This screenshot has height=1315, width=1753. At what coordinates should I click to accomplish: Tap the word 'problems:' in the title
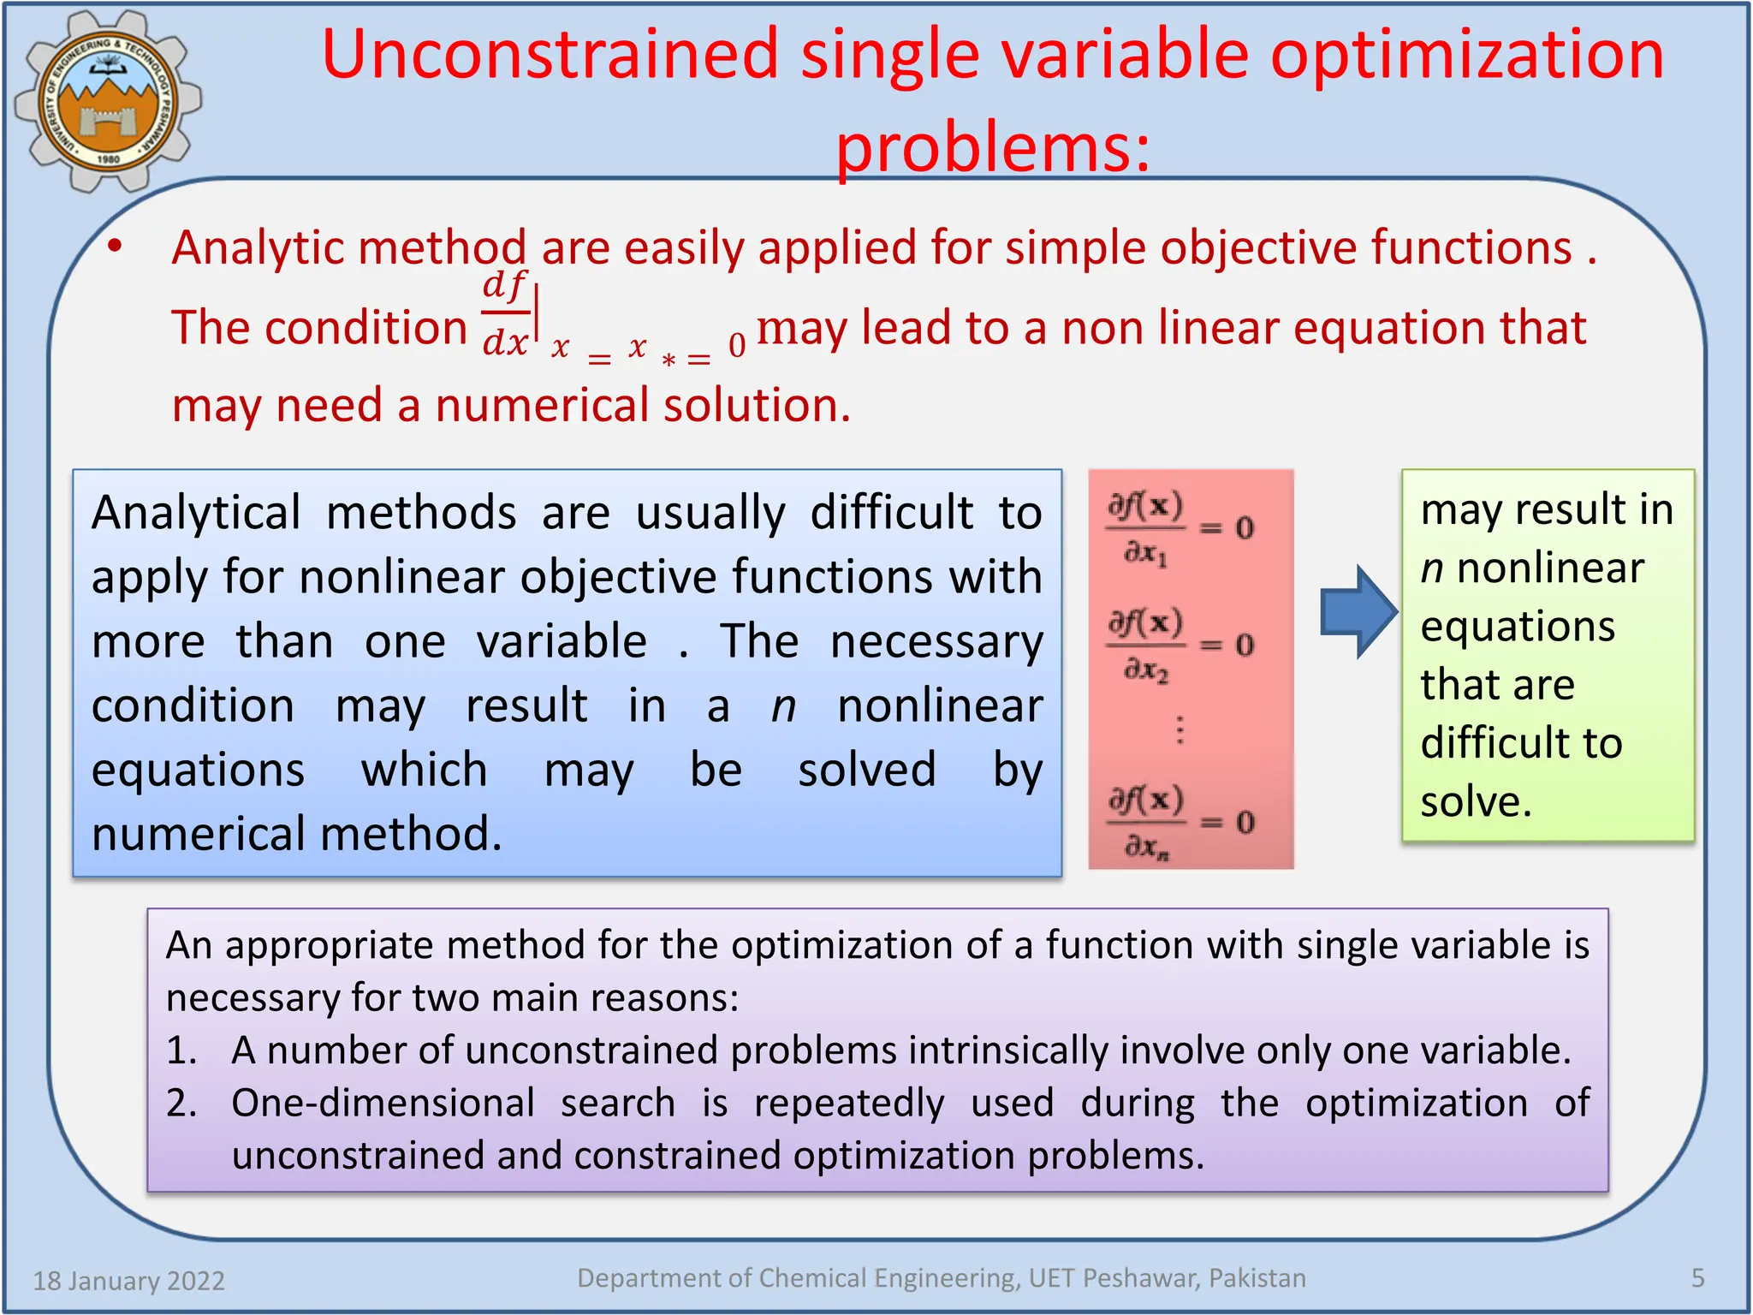pyautogui.click(x=993, y=147)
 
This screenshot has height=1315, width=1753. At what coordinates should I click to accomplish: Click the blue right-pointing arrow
pyautogui.click(x=1358, y=612)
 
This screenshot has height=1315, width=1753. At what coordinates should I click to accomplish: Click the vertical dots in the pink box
pyautogui.click(x=1180, y=729)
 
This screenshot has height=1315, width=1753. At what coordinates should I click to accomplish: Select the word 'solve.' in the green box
pyautogui.click(x=1476, y=802)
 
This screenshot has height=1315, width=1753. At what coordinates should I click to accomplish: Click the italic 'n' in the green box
pyautogui.click(x=1432, y=568)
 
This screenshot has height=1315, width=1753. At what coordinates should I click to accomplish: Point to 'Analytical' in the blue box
pyautogui.click(x=196, y=514)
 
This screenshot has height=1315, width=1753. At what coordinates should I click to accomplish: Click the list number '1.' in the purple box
pyautogui.click(x=181, y=1050)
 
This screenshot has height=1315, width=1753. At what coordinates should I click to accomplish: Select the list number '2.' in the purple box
pyautogui.click(x=181, y=1104)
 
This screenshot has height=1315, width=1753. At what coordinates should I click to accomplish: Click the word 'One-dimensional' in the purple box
pyautogui.click(x=383, y=1104)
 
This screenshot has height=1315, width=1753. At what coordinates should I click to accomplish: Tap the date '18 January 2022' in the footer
pyautogui.click(x=128, y=1281)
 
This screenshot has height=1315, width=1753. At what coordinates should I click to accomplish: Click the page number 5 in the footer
pyautogui.click(x=1698, y=1278)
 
